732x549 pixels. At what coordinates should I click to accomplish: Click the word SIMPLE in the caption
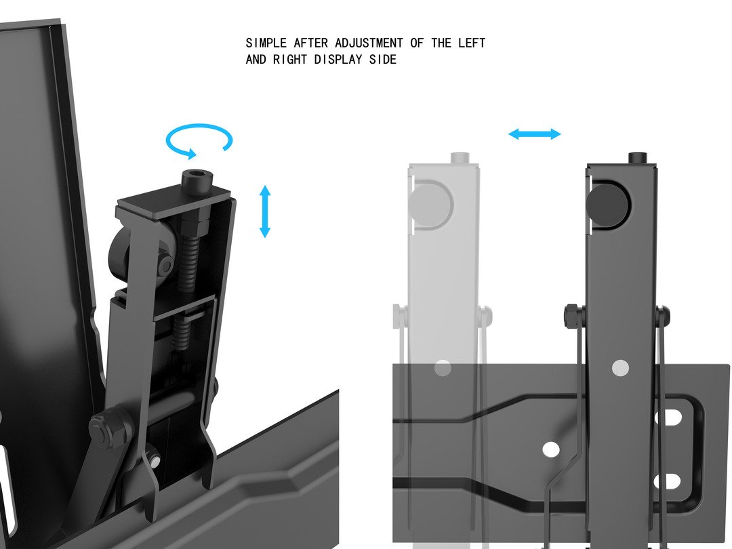(266, 43)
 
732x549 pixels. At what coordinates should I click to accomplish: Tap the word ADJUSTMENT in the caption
(369, 43)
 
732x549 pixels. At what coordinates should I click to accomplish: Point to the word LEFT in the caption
(472, 43)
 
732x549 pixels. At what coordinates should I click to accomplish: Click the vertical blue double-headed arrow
(265, 211)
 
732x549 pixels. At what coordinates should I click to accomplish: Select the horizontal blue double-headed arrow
(535, 134)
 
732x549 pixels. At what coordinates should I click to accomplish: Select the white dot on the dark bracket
(620, 368)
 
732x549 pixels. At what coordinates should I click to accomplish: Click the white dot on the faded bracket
(443, 368)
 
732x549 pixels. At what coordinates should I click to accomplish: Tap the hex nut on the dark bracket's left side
(572, 316)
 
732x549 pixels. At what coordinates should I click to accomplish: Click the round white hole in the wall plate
(551, 449)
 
